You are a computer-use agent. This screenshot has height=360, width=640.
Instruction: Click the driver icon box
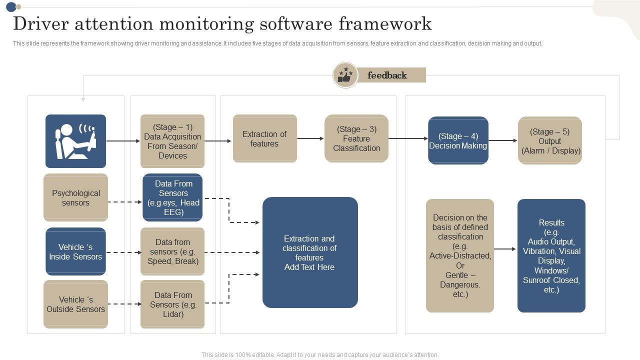pyautogui.click(x=75, y=141)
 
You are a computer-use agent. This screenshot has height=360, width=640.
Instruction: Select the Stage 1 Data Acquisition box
pyautogui.click(x=172, y=141)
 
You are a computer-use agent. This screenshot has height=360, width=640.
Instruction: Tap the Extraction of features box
pyautogui.click(x=264, y=138)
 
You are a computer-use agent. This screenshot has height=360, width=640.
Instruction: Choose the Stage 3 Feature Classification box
pyautogui.click(x=356, y=138)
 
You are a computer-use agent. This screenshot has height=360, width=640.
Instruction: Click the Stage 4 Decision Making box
pyautogui.click(x=458, y=140)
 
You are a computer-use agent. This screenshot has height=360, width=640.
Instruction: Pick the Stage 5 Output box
pyautogui.click(x=550, y=140)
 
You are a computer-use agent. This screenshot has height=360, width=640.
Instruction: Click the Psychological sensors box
pyautogui.click(x=75, y=197)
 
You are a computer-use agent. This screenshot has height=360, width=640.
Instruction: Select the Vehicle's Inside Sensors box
pyautogui.click(x=75, y=251)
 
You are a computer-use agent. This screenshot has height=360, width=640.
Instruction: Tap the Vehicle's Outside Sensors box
pyautogui.click(x=75, y=304)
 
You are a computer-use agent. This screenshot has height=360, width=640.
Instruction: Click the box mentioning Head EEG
pyautogui.click(x=172, y=197)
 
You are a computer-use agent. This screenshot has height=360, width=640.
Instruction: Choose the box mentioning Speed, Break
pyautogui.click(x=172, y=251)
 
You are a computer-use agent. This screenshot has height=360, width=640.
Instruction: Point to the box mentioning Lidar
pyautogui.click(x=172, y=304)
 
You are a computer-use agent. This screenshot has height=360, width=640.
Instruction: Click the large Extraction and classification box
pyautogui.click(x=310, y=252)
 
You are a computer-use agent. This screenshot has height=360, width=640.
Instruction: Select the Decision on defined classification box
pyautogui.click(x=460, y=256)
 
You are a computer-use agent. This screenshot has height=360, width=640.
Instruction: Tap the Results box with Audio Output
pyautogui.click(x=551, y=256)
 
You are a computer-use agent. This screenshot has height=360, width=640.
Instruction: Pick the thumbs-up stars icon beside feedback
pyautogui.click(x=345, y=75)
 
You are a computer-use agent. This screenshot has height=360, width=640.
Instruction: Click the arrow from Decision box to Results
pyautogui.click(x=505, y=249)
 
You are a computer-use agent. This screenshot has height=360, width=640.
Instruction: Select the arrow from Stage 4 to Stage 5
pyautogui.click(x=502, y=140)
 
